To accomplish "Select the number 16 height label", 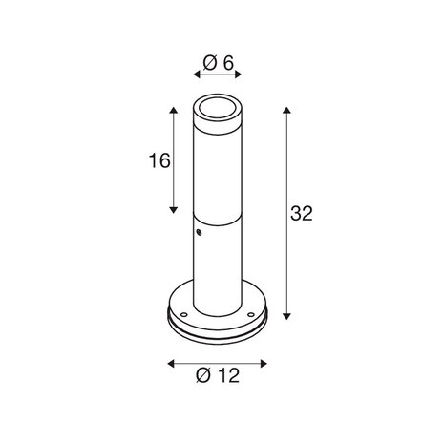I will click(x=159, y=160).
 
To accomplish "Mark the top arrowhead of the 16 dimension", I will click(x=174, y=112).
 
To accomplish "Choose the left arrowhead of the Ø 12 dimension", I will click(x=170, y=363).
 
